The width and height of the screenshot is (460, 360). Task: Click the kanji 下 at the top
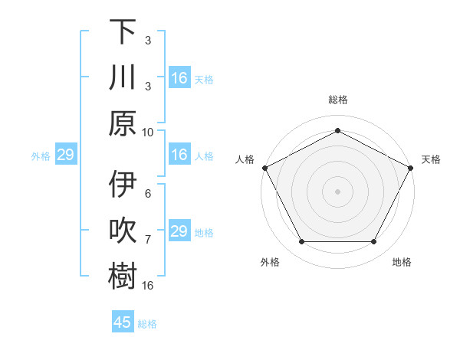click(123, 33)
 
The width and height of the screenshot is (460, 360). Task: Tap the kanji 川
click(123, 78)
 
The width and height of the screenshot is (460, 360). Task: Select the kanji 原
click(123, 123)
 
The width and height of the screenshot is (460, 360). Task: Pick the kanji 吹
click(123, 231)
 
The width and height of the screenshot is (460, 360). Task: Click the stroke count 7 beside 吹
click(148, 240)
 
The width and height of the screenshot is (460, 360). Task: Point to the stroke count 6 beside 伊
click(148, 195)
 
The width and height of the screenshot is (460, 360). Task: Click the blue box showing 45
click(123, 322)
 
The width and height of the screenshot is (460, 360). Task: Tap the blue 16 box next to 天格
click(179, 79)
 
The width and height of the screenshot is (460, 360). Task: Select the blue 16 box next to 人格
click(179, 155)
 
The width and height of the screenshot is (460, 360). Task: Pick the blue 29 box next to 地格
click(179, 231)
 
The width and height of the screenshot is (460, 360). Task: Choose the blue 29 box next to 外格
click(64, 155)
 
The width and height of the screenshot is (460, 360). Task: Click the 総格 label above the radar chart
click(337, 100)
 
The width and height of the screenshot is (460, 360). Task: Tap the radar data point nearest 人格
click(264, 167)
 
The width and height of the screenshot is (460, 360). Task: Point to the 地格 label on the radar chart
click(402, 262)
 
